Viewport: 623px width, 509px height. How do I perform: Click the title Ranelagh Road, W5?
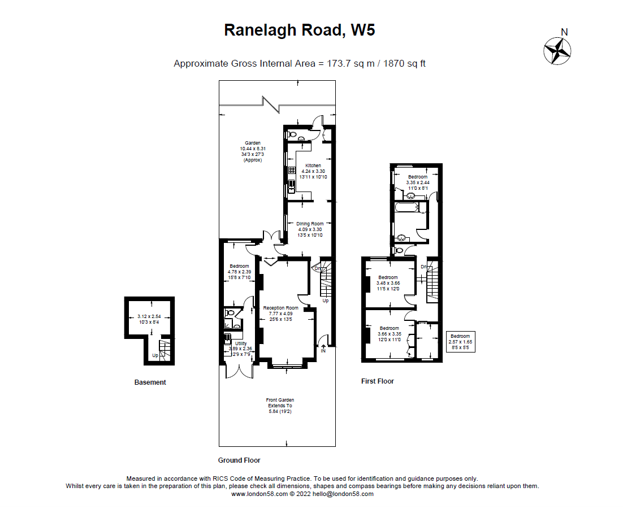click(299, 30)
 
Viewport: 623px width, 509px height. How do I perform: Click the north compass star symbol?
click(557, 51)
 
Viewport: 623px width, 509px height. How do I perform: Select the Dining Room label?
click(310, 224)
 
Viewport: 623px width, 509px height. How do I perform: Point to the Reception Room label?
click(280, 308)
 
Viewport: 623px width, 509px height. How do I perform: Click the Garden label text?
click(252, 143)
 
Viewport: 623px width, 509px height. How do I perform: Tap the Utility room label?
click(240, 343)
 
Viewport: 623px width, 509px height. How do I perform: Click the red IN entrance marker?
click(323, 351)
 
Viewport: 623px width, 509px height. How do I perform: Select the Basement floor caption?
click(150, 382)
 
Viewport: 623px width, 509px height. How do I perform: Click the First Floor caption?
click(377, 381)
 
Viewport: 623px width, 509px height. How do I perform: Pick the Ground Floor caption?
click(239, 460)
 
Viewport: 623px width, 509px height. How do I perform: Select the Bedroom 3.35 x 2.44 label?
click(418, 177)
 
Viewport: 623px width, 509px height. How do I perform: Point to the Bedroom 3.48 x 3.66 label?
click(388, 277)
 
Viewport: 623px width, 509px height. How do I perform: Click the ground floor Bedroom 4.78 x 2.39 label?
click(239, 266)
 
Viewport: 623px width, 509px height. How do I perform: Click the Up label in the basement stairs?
click(155, 355)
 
